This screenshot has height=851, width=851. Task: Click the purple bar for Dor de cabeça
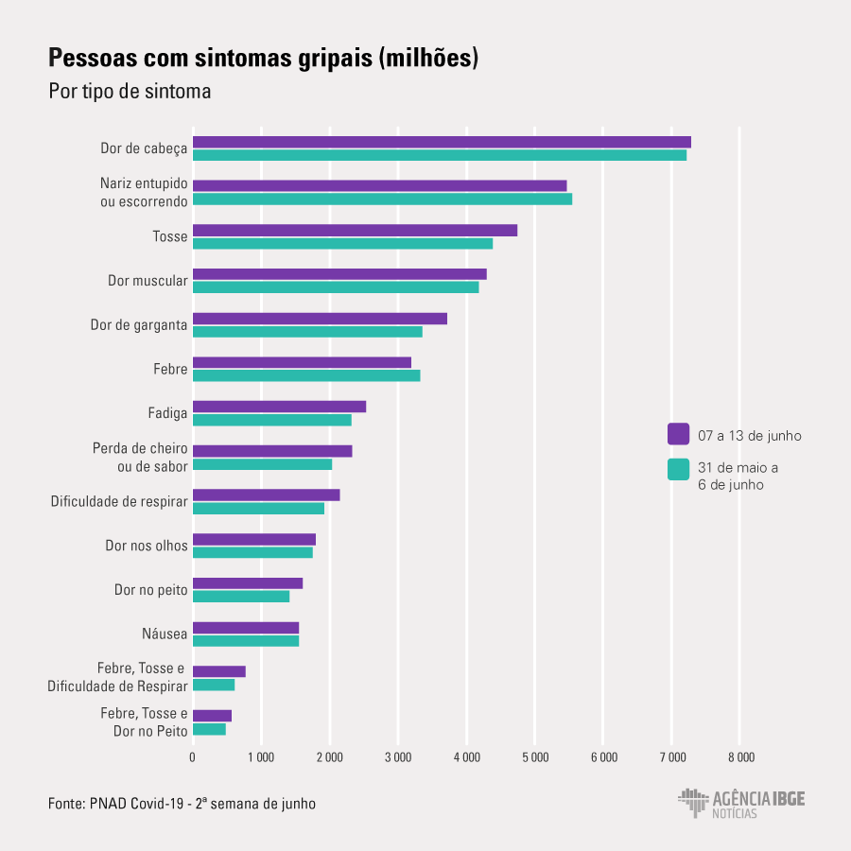tap(442, 142)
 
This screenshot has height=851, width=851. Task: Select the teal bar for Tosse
tap(342, 244)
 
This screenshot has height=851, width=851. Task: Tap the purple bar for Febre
tap(302, 362)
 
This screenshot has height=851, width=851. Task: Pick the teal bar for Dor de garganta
tap(307, 332)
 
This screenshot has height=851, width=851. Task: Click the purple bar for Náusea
tap(246, 628)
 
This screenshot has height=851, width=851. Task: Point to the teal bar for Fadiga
tap(271, 420)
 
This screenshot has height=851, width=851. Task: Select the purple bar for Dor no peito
tap(248, 583)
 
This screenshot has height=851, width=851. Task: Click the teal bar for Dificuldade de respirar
tap(258, 509)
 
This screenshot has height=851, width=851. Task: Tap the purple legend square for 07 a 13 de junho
tap(678, 434)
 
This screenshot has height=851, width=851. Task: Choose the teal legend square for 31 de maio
tap(678, 469)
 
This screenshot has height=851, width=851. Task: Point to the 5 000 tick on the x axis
tap(534, 756)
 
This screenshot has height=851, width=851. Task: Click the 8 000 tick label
tap(740, 756)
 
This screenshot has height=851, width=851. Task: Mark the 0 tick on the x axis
tap(193, 756)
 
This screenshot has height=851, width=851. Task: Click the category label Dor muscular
tap(148, 281)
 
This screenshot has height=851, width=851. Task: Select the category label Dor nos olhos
tap(147, 546)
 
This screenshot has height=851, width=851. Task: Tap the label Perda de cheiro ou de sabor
tap(140, 457)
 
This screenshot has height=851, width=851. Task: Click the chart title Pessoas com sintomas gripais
tap(264, 59)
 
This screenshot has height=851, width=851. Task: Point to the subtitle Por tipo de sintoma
tap(130, 92)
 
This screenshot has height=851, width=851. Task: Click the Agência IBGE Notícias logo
tap(741, 804)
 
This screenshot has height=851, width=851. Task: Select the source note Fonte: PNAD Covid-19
tap(182, 804)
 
